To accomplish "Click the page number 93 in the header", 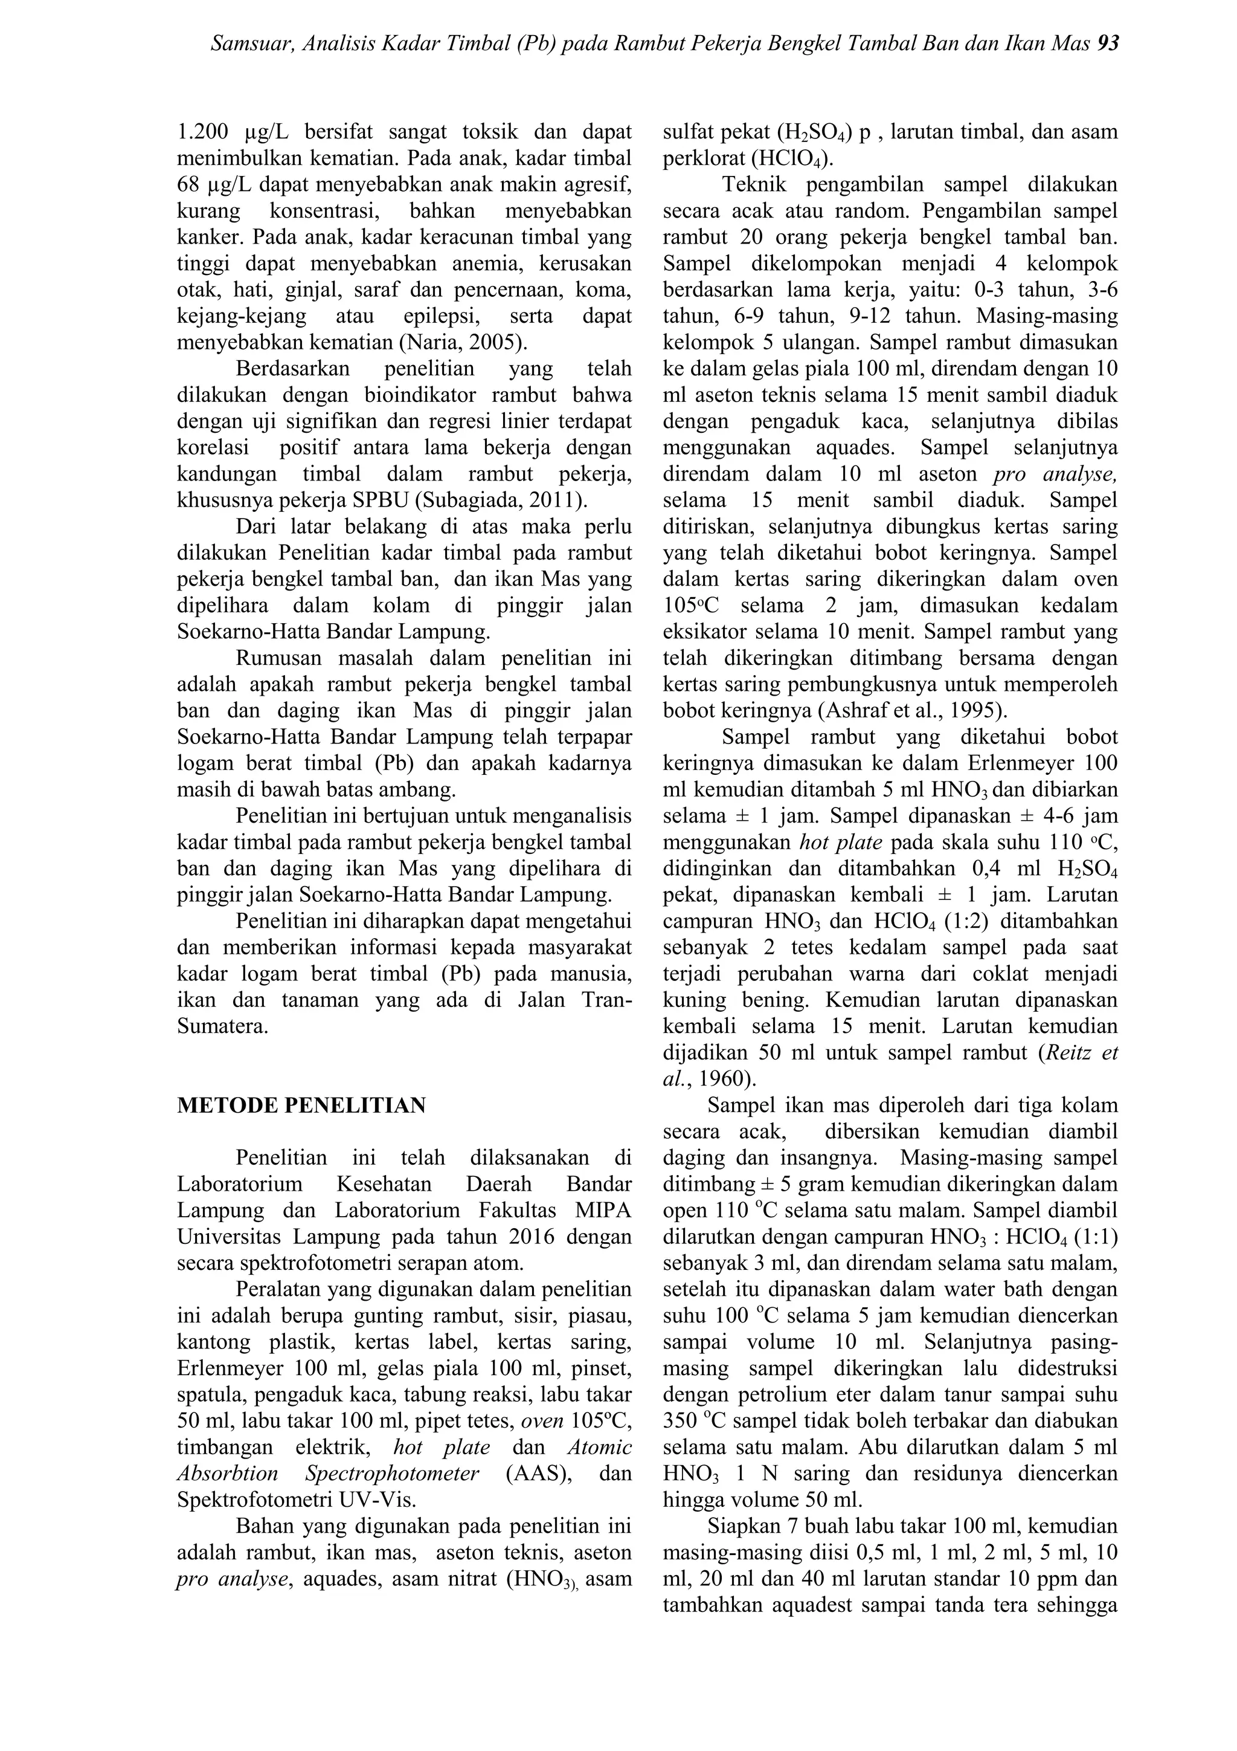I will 1107,44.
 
